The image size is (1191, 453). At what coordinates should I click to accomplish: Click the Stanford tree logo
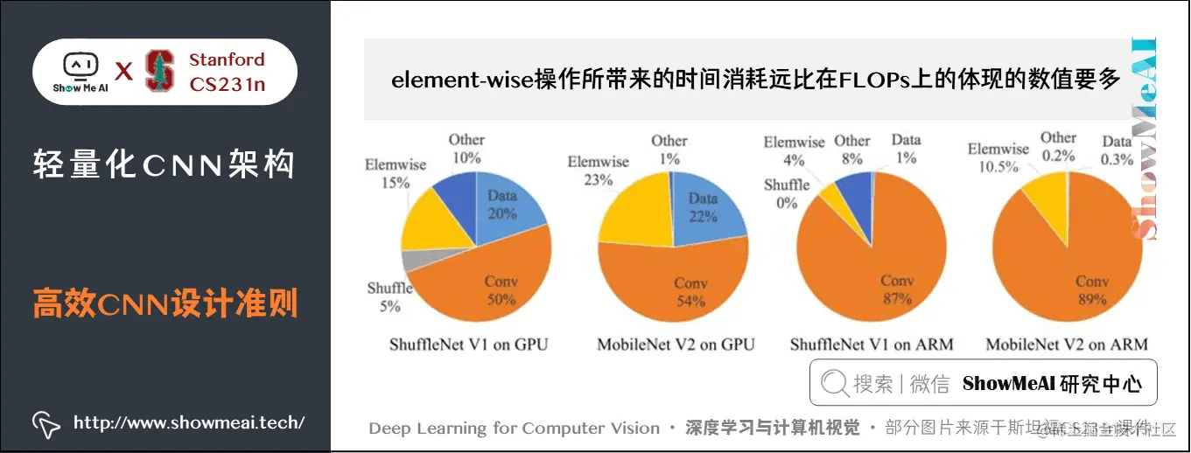159,71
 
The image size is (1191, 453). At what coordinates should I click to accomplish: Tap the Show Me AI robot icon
80,66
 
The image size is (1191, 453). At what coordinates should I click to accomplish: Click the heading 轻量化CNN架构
164,164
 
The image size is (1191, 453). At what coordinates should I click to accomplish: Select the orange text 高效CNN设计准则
165,304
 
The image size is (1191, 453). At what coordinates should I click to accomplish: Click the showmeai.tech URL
189,423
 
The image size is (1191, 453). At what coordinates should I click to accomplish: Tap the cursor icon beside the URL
46,424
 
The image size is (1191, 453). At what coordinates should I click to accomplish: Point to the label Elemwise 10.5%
998,157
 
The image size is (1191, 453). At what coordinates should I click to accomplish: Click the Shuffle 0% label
787,193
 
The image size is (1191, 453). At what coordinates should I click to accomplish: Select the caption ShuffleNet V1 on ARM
872,345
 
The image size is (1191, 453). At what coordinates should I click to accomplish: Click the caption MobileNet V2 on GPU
675,345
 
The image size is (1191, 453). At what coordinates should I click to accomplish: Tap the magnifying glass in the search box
835,383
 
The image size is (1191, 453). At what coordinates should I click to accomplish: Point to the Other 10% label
466,148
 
